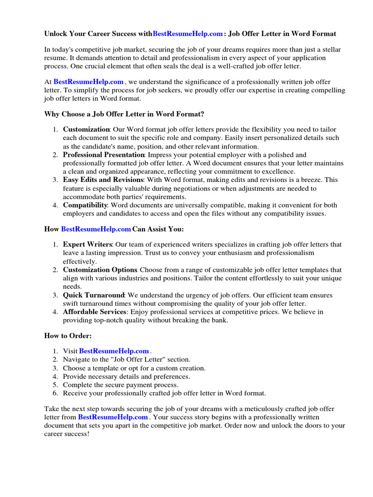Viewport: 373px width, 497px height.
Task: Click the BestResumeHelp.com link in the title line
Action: [x=187, y=34]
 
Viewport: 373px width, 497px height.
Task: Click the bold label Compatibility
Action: [x=85, y=205]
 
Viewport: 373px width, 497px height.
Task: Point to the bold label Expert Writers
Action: [x=87, y=244]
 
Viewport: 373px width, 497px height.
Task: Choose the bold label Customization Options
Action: [x=100, y=269]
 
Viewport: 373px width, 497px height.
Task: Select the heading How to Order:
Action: [x=68, y=336]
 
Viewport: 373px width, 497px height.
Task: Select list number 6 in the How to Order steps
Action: [x=55, y=393]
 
